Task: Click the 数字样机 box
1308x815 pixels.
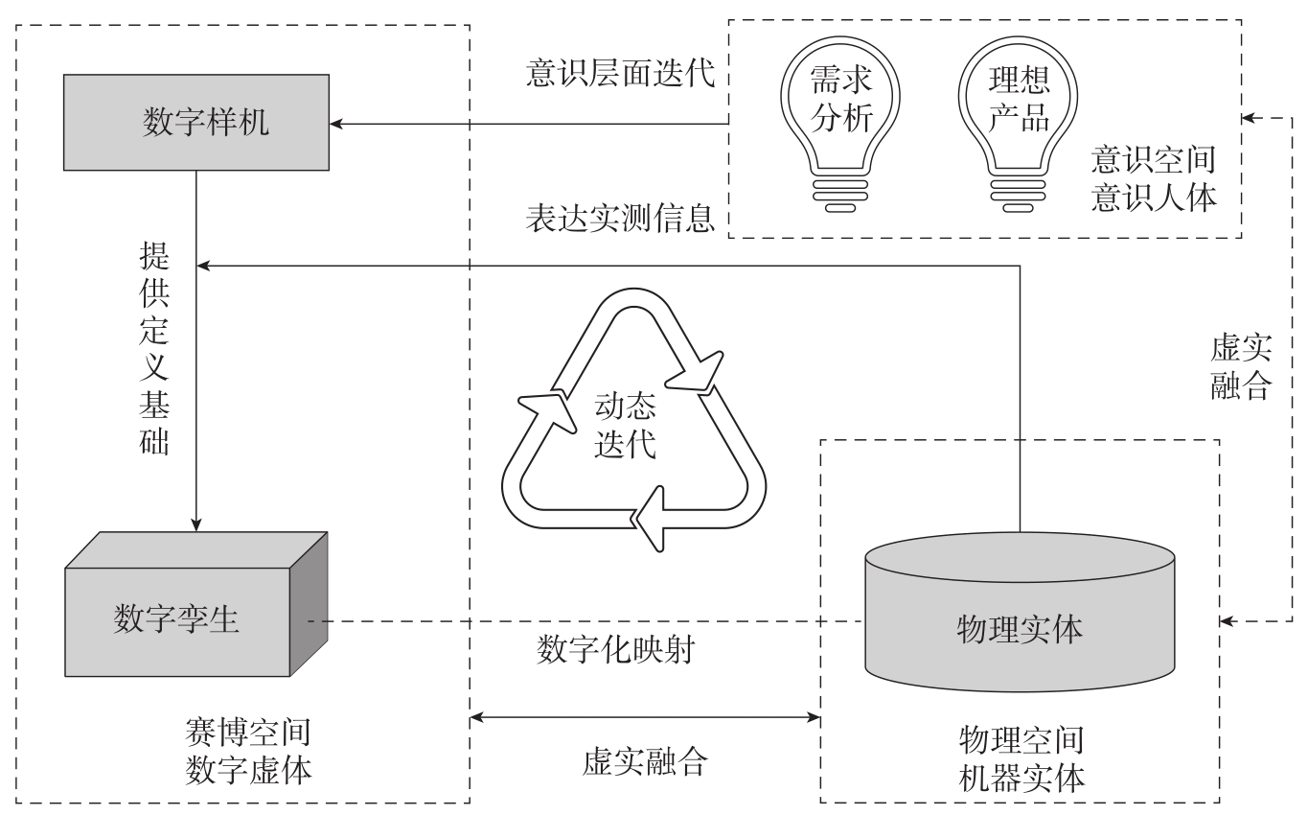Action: (x=196, y=124)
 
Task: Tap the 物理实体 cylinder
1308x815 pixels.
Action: (x=1020, y=628)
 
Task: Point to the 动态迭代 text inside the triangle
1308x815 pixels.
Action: (x=626, y=428)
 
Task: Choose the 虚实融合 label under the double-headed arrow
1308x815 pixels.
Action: (x=644, y=760)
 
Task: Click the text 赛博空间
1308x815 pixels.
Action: (x=247, y=733)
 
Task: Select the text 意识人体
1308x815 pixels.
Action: (x=1153, y=198)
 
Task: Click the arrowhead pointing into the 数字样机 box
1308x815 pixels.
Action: (x=337, y=124)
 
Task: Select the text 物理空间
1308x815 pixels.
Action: (x=1021, y=739)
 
